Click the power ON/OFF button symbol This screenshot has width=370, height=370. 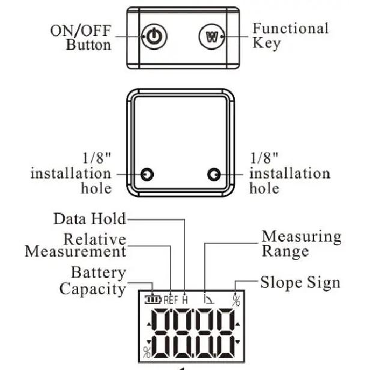154,37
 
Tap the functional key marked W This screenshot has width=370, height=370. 211,37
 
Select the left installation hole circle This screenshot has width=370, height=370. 147,174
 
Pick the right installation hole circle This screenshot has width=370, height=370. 214,174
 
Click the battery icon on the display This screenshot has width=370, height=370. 153,300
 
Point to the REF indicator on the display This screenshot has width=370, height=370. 171,300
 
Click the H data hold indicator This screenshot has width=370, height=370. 185,300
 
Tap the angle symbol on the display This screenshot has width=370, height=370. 209,299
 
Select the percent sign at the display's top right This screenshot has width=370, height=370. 236,300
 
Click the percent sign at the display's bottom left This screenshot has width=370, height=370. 147,352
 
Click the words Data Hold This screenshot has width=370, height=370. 89,219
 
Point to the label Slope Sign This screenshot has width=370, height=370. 300,283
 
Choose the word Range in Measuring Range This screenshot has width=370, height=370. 285,252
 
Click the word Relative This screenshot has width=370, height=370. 95,239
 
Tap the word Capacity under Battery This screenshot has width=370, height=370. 92,289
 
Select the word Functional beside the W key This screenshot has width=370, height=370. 291,29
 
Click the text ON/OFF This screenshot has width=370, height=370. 80,31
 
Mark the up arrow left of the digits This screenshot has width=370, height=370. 149,325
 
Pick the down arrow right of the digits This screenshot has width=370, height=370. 238,341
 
